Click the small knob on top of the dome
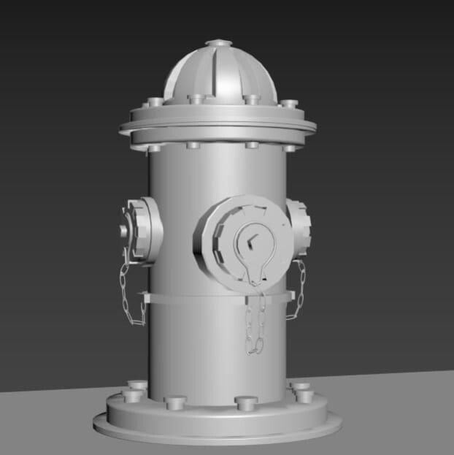218,44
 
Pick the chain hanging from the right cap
298,291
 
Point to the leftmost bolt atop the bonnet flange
153,102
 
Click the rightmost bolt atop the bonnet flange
290,104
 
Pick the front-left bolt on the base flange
176,402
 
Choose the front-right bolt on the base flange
246,403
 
